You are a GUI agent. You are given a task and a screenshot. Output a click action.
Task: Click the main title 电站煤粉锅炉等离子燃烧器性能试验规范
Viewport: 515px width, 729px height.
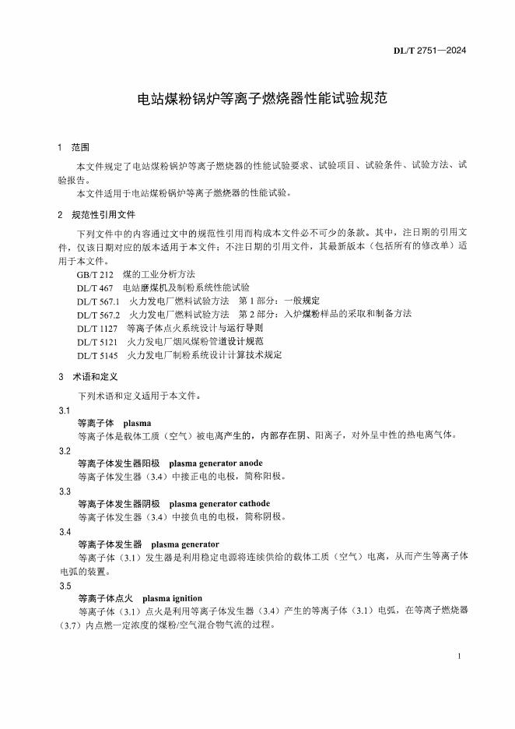[x=257, y=100]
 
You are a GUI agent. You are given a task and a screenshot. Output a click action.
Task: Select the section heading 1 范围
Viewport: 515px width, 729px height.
[x=74, y=146]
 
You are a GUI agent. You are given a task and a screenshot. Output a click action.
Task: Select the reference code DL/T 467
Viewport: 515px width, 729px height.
[x=94, y=288]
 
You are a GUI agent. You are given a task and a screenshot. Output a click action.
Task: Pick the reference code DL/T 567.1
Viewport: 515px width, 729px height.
[x=98, y=301]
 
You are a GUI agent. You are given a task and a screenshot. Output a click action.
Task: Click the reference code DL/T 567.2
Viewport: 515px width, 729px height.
[x=98, y=314]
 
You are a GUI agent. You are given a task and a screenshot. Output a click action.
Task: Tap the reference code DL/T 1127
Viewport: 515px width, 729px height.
[x=96, y=328]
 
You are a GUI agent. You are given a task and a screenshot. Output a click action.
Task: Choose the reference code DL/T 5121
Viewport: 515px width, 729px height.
[x=96, y=341]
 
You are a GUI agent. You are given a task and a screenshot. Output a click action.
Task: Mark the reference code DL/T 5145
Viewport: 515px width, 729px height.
[x=96, y=354]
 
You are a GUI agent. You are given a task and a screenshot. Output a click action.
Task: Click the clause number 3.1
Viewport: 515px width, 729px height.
[x=65, y=410]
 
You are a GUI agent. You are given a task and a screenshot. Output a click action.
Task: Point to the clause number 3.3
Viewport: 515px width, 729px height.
[x=65, y=491]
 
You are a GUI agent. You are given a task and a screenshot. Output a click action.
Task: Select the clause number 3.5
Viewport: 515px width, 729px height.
[x=65, y=586]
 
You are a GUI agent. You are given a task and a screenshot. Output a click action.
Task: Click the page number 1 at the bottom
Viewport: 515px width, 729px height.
[x=460, y=657]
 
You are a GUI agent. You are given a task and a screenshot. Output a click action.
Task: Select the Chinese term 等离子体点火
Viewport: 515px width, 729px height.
[x=105, y=598]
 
